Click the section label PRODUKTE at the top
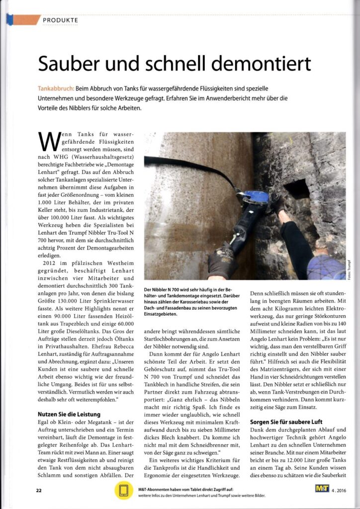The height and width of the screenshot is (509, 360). [x=60, y=20]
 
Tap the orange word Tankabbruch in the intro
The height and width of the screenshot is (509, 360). [x=56, y=88]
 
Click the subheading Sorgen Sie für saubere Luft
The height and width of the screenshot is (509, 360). [x=289, y=422]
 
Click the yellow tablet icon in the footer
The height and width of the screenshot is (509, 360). [x=122, y=491]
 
